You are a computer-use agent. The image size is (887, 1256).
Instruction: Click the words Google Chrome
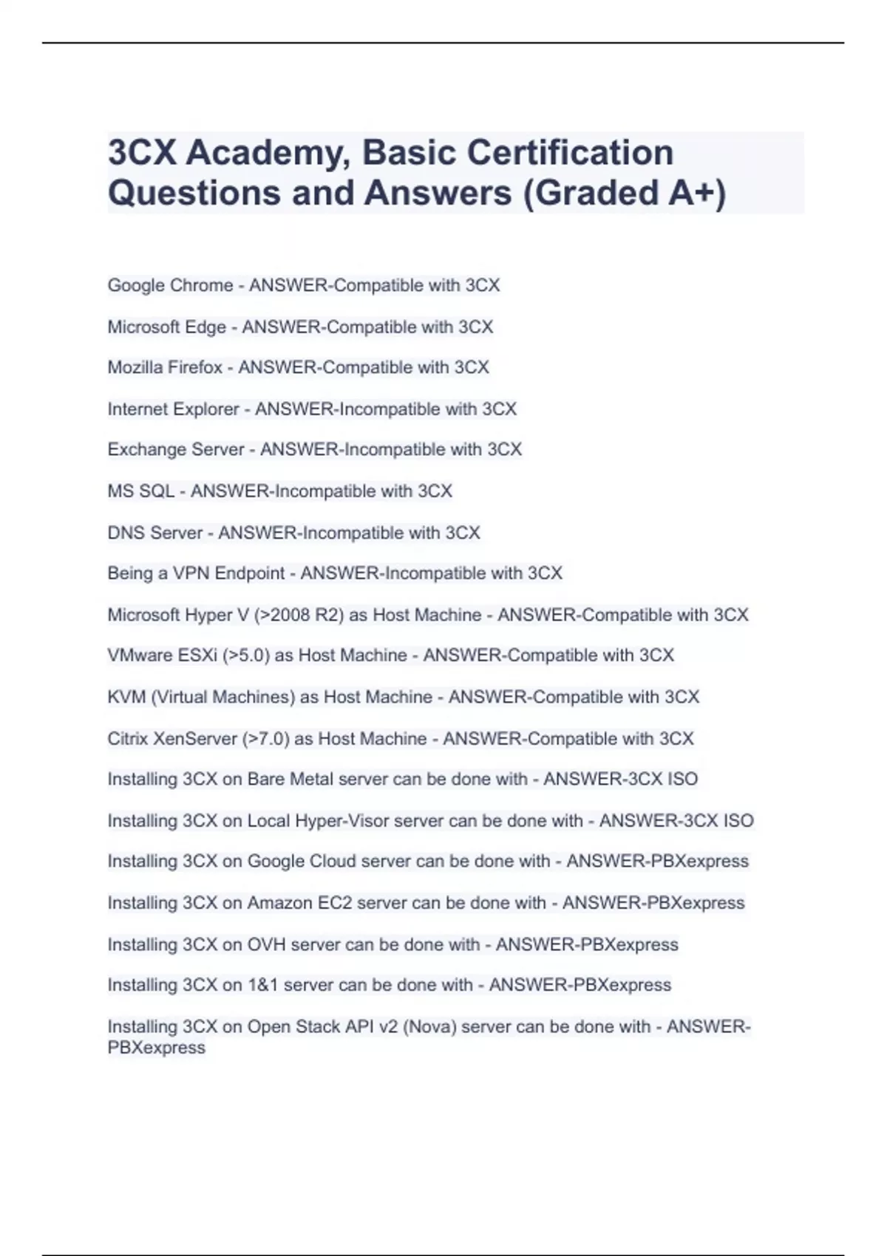click(x=170, y=285)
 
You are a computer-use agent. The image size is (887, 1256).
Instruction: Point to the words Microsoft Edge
click(x=166, y=327)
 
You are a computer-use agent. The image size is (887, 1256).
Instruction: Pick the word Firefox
click(x=196, y=367)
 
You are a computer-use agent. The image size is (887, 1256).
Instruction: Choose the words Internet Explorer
click(x=173, y=409)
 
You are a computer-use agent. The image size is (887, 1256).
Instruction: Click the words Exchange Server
click(x=176, y=449)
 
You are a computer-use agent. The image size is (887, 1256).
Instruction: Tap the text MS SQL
click(x=140, y=491)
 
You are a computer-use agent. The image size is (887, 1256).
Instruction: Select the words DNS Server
click(x=154, y=533)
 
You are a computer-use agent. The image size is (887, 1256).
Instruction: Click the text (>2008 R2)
click(x=299, y=615)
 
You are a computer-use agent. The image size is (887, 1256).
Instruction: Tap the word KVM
click(x=126, y=697)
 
